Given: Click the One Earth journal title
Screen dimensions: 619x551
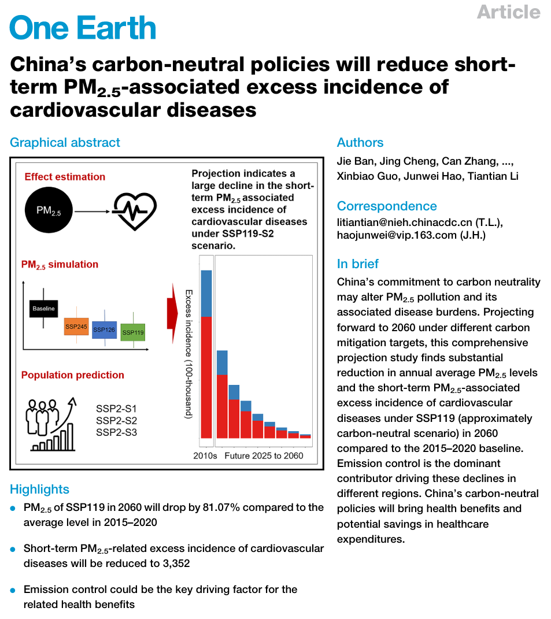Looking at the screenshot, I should [x=83, y=27].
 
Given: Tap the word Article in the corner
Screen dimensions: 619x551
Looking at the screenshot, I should [x=508, y=12].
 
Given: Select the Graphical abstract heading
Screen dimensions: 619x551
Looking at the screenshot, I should [x=65, y=143].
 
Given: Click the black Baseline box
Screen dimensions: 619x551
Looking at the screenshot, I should [x=43, y=309].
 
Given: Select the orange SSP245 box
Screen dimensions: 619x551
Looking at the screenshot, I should [x=76, y=327].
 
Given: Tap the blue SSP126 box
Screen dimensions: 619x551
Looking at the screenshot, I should [x=104, y=329].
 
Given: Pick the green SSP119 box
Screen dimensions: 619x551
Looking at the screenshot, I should [x=133, y=332].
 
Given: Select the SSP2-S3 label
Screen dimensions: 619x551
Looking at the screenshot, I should [x=116, y=432].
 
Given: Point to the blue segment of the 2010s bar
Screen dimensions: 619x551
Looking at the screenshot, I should [x=206, y=293].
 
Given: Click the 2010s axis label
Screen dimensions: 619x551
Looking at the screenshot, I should [x=205, y=455].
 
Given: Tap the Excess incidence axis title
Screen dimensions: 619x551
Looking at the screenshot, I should [x=188, y=354].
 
